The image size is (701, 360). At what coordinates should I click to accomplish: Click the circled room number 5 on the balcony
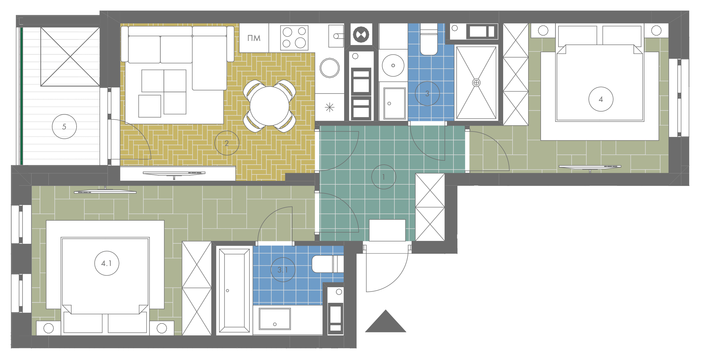(64, 127)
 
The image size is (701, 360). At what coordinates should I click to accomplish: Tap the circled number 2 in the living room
(227, 143)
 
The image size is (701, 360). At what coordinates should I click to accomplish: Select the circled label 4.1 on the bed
(107, 263)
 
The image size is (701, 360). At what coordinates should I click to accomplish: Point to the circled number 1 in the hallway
(383, 177)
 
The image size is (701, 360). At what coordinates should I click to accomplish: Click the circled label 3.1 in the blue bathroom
(283, 270)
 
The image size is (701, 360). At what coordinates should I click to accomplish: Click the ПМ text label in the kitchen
(254, 38)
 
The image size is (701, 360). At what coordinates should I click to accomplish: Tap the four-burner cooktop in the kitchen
(294, 38)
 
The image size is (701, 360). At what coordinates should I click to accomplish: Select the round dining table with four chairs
(269, 106)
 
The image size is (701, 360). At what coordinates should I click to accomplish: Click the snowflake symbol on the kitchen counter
(330, 107)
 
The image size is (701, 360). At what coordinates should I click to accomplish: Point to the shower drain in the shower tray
(476, 83)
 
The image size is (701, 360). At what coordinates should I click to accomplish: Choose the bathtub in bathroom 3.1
(234, 291)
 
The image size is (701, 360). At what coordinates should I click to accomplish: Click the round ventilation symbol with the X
(361, 35)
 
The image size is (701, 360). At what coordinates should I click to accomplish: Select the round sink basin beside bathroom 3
(393, 65)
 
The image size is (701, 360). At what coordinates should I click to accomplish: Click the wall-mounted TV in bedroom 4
(590, 167)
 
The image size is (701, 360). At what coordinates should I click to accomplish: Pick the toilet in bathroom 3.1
(328, 264)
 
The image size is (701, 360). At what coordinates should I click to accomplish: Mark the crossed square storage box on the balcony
(70, 57)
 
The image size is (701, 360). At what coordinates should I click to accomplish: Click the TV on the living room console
(174, 174)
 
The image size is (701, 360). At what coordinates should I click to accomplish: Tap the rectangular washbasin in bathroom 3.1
(275, 319)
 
